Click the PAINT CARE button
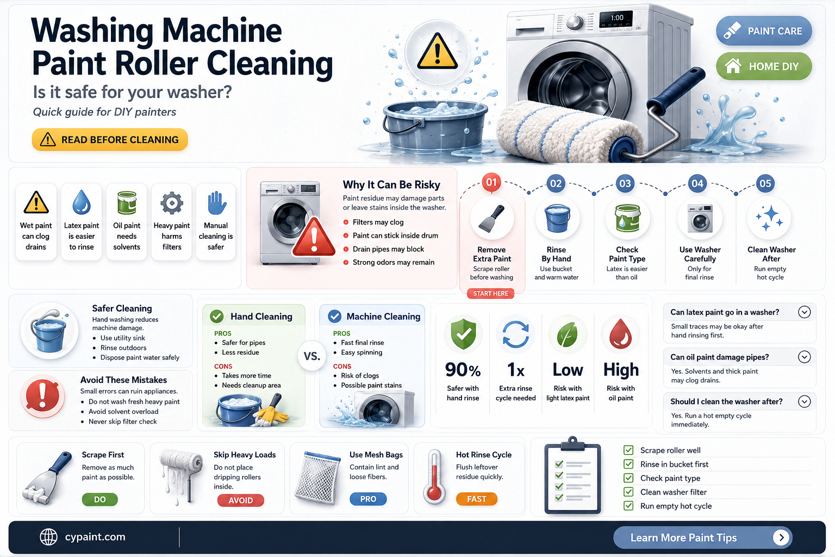tap(764, 30)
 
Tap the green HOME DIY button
tap(764, 66)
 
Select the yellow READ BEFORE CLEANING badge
tap(110, 140)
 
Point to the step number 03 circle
tap(625, 183)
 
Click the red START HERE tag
tap(490, 294)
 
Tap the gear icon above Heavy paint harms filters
tap(171, 203)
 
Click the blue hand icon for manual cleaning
tap(216, 203)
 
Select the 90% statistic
tap(463, 370)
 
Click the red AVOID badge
tap(240, 500)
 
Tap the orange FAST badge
tap(476, 499)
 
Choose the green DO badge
tap(99, 499)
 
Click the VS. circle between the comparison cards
tap(312, 356)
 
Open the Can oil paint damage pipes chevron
tap(804, 357)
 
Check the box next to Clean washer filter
tap(628, 492)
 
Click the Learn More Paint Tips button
tap(703, 537)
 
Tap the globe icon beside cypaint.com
tap(49, 537)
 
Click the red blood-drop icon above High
tap(620, 333)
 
